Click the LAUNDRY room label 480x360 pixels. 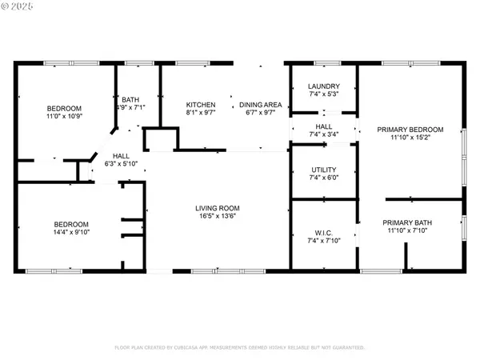click(324, 86)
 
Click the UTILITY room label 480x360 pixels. click(324, 170)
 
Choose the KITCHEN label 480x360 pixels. click(201, 106)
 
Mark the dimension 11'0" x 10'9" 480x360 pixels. click(63, 117)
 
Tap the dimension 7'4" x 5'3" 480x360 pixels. click(324, 94)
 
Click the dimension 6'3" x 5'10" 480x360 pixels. click(122, 164)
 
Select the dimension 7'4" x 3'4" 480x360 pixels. click(324, 134)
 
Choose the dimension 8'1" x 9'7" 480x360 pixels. click(201, 114)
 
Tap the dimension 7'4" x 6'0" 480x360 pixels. click(324, 178)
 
